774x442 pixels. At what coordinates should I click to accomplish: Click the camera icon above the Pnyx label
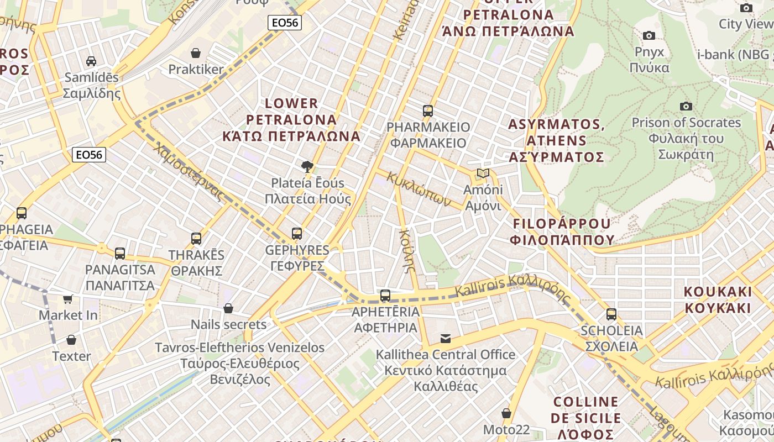pos(649,36)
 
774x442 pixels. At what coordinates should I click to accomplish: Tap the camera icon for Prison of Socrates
pos(686,106)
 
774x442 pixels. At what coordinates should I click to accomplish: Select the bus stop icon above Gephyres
pos(297,234)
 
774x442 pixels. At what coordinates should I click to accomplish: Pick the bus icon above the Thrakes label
pos(196,239)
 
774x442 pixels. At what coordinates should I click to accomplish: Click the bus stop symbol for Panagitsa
pos(120,254)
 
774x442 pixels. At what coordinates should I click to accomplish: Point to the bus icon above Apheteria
pos(385,296)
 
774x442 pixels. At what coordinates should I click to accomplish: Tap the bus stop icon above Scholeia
pos(611,314)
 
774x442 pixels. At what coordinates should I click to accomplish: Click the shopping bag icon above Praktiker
pos(195,53)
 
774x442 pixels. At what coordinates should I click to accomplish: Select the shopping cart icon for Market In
pos(67,299)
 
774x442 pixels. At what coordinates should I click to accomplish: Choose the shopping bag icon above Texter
pos(71,340)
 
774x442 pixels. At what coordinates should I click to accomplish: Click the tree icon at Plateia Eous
pos(307,166)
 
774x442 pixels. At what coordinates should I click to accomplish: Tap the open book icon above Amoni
pos(483,173)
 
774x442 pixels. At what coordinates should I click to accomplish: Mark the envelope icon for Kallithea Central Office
pos(446,338)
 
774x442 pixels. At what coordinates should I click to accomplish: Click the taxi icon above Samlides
pos(91,61)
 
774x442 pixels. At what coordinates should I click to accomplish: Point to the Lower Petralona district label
pos(291,119)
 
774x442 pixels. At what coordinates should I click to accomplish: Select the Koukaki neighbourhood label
pos(718,299)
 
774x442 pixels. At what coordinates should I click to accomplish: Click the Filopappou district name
pos(562,231)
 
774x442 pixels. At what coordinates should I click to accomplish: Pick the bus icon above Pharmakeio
pos(428,110)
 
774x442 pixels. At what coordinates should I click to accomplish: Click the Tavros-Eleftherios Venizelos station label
pos(239,364)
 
